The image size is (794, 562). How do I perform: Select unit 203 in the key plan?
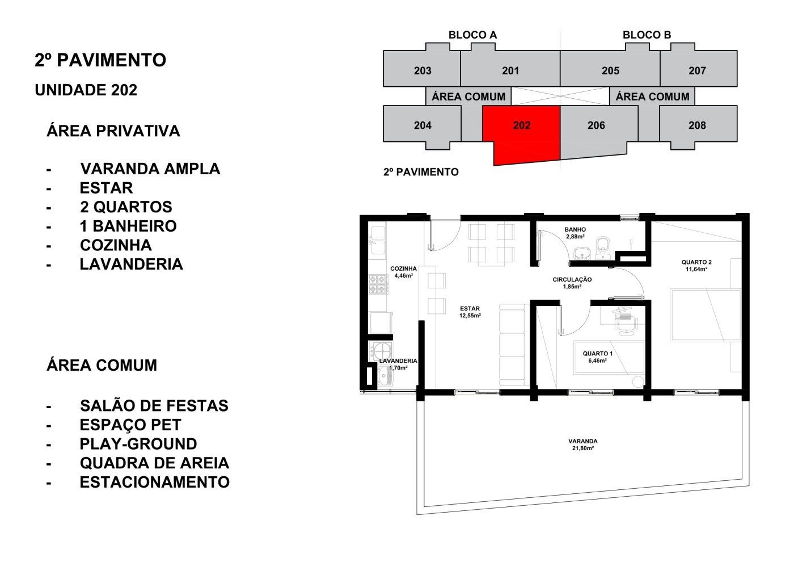point(423,70)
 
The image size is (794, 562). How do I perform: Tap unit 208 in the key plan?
point(697,125)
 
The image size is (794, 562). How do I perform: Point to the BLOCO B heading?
point(647,35)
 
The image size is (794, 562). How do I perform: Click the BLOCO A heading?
point(472,35)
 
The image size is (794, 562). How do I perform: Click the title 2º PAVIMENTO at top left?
point(100,60)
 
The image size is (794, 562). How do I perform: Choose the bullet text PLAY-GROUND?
point(138,444)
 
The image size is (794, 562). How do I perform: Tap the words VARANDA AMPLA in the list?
point(150,169)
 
